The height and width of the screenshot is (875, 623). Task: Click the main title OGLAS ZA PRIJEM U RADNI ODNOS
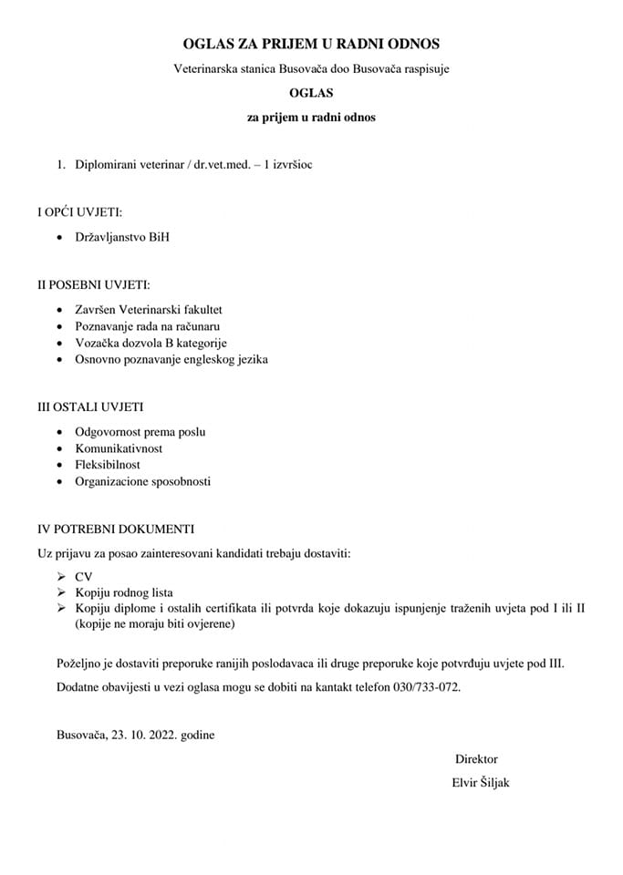[311, 44]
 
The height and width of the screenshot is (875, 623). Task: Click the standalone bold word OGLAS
[311, 93]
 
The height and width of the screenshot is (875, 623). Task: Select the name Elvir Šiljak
[480, 782]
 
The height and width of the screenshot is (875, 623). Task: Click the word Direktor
[476, 758]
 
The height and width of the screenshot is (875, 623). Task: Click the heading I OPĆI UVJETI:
[79, 212]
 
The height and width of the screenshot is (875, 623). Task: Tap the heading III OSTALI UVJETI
[89, 407]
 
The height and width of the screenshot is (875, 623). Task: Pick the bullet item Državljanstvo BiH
[122, 237]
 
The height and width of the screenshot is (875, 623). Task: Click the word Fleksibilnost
[108, 465]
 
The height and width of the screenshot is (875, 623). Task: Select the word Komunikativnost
[119, 448]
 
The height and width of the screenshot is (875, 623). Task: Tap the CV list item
[83, 577]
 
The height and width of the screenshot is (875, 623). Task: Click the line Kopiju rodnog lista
[124, 592]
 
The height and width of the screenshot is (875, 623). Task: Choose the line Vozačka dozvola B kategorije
[151, 343]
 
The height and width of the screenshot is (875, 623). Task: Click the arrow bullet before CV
[60, 577]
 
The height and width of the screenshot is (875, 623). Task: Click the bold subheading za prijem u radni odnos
[311, 118]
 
